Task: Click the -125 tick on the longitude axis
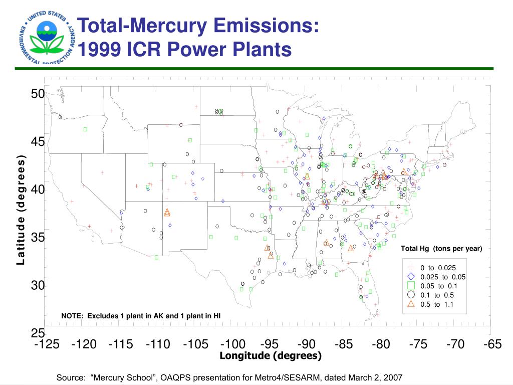[x=47, y=344]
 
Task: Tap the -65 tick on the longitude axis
[x=492, y=344]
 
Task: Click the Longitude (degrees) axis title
[x=271, y=355]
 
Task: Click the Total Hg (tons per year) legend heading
[x=441, y=249]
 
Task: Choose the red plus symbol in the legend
[x=411, y=268]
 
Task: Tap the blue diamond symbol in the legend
[x=411, y=277]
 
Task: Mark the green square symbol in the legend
[x=411, y=286]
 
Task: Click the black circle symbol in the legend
[x=411, y=295]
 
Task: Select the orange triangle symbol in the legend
[x=411, y=304]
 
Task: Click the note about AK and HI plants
[x=141, y=316]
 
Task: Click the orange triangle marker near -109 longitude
[x=167, y=213]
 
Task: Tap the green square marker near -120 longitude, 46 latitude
[x=86, y=129]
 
